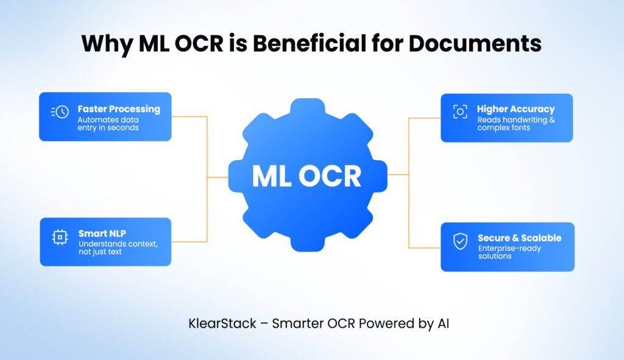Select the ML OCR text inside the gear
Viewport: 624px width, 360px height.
click(x=307, y=176)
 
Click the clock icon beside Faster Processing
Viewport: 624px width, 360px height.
click(x=60, y=112)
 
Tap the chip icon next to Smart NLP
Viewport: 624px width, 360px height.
click(x=60, y=238)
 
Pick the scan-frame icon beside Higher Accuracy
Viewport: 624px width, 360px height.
click(x=460, y=111)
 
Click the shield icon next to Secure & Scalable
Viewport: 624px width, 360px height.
click(x=460, y=241)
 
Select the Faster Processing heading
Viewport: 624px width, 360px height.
click(x=119, y=109)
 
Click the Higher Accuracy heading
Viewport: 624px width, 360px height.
click(x=516, y=109)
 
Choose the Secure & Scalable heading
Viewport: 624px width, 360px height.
click(x=519, y=238)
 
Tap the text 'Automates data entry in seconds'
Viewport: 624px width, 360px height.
click(x=108, y=124)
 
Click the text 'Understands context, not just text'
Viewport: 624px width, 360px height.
click(x=118, y=248)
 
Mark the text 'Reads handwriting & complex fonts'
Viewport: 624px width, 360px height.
click(x=516, y=124)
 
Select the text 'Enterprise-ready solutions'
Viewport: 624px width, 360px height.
click(x=509, y=252)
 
